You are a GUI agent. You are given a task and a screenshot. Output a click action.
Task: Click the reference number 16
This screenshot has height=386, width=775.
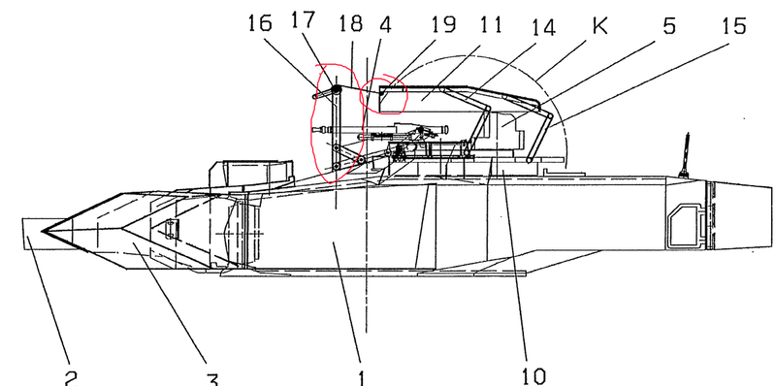260,23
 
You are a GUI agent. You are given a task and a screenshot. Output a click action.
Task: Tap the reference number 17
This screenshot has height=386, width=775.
303,20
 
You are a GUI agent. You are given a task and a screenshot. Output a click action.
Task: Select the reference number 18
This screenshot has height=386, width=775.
350,23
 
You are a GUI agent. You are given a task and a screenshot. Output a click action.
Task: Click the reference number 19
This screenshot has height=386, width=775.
443,23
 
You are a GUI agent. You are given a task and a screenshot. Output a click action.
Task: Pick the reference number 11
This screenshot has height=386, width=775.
490,24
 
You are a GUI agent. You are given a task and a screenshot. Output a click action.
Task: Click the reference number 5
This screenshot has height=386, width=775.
668,25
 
